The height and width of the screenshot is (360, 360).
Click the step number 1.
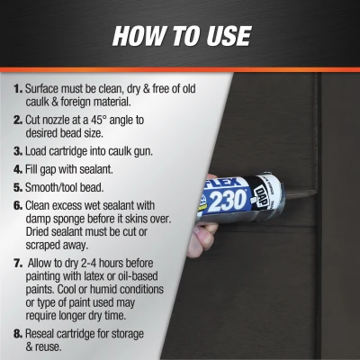click(18, 91)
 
